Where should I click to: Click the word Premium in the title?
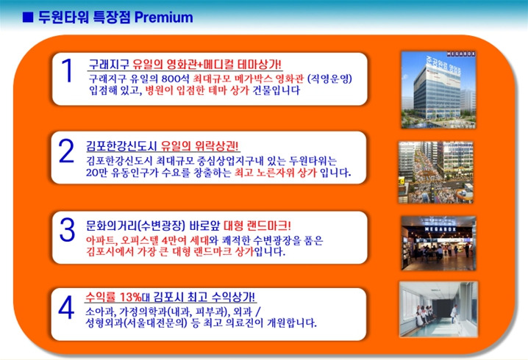[x=163, y=16]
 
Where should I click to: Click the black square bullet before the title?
[x=27, y=16]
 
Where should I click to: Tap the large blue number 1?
[x=67, y=72]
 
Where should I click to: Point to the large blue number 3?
[x=67, y=230]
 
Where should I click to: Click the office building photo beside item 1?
[x=435, y=89]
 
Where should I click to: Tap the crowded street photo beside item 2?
[x=435, y=171]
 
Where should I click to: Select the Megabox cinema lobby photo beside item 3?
[x=435, y=242]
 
